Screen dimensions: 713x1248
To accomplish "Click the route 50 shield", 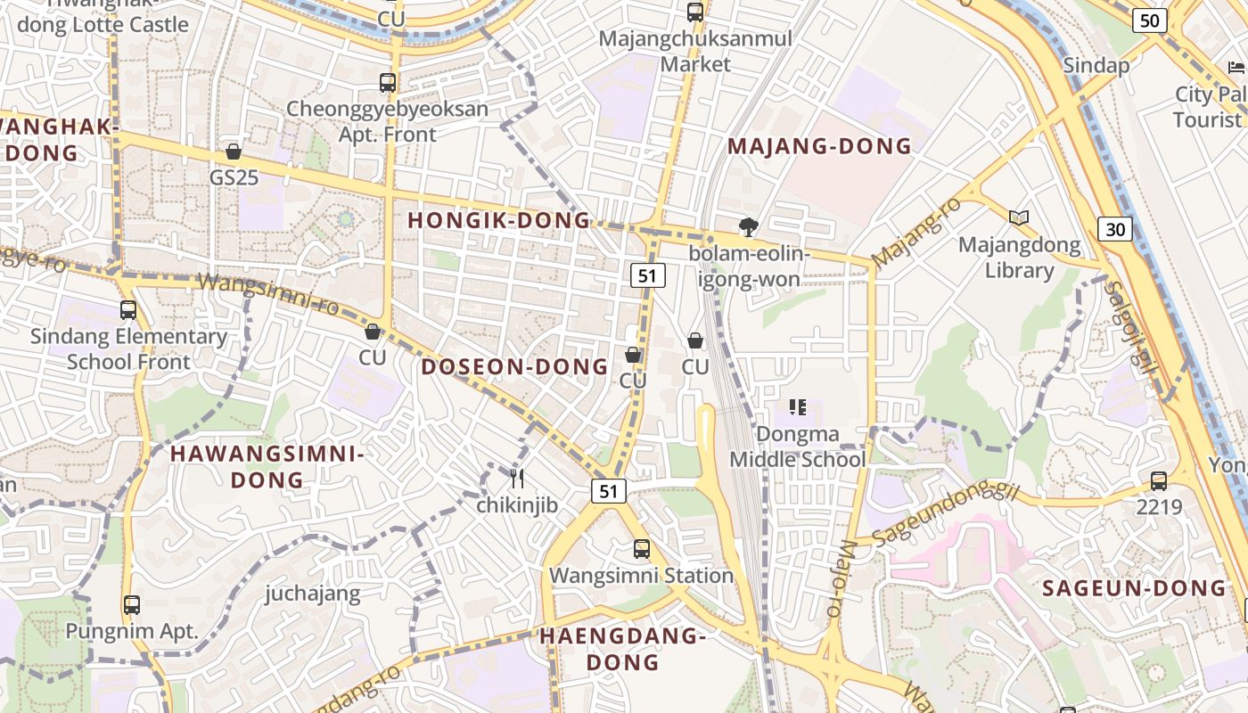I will click(x=1150, y=20).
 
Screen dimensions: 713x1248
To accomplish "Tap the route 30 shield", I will click(x=1114, y=229).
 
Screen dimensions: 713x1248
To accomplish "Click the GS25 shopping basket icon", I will click(x=234, y=152).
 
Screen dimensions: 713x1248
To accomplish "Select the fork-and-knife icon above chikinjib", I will click(x=516, y=479).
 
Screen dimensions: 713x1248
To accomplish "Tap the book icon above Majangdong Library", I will click(x=1019, y=217).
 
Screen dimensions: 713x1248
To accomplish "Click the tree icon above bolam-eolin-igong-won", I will click(x=749, y=227).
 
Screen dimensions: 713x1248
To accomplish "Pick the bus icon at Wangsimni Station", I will click(x=641, y=549).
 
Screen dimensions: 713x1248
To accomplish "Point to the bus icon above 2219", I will click(x=1158, y=481).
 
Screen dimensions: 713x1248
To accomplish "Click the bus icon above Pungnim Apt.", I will click(x=132, y=605).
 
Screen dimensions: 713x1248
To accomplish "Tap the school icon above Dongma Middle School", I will click(x=798, y=407).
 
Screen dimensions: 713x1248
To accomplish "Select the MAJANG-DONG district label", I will click(x=820, y=146).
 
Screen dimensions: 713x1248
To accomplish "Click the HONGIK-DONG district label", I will click(x=499, y=220).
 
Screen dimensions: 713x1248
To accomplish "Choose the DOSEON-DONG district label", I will click(x=514, y=366).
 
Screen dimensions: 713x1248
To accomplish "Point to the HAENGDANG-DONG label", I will click(x=623, y=649).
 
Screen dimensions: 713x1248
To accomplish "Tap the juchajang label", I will click(x=313, y=594).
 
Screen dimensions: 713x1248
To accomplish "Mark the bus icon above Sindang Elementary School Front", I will click(x=128, y=310).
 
